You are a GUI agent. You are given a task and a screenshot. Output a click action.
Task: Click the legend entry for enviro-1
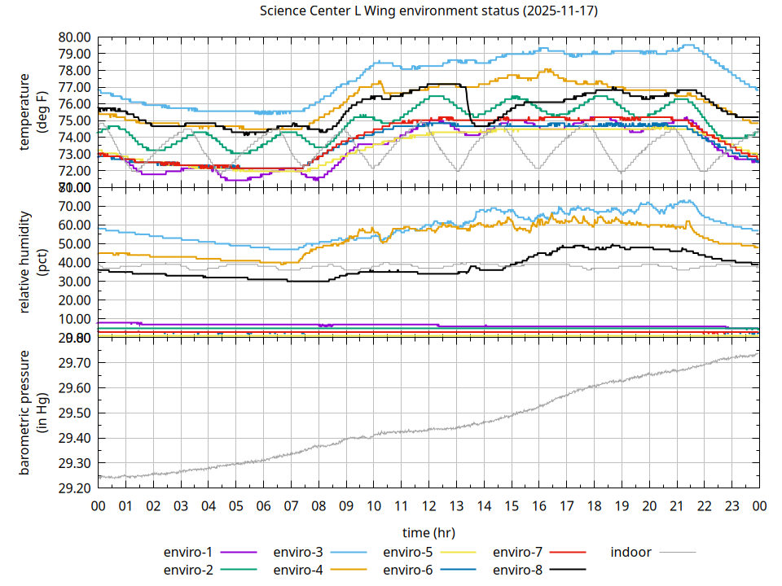pyautogui.click(x=188, y=552)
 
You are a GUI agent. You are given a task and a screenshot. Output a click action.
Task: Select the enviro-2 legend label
pyautogui.click(x=188, y=569)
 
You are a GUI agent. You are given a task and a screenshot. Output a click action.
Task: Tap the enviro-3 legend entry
pyautogui.click(x=298, y=552)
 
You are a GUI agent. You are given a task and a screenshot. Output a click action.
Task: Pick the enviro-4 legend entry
pyautogui.click(x=298, y=569)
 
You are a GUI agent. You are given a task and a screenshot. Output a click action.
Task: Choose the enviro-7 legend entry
pyautogui.click(x=518, y=552)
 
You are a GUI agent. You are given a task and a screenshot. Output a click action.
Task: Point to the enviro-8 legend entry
pyautogui.click(x=518, y=569)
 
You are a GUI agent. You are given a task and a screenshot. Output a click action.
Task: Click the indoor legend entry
pyautogui.click(x=631, y=552)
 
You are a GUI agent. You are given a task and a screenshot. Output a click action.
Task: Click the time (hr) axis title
pyautogui.click(x=428, y=532)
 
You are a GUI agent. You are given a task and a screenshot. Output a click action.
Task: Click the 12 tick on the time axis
pyautogui.click(x=428, y=505)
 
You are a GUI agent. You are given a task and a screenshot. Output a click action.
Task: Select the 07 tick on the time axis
pyautogui.click(x=291, y=505)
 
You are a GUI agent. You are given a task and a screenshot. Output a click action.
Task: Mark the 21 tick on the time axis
pyautogui.click(x=676, y=505)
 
